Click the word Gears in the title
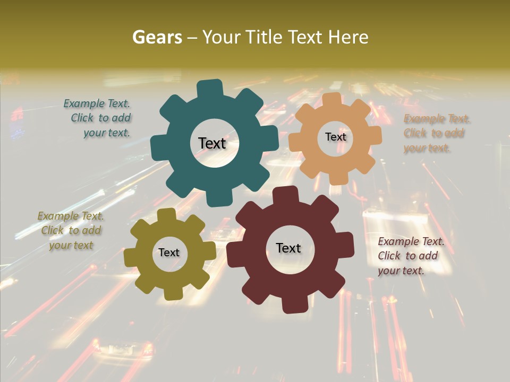157,37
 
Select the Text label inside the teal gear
212,143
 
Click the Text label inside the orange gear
335,137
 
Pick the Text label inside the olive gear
169,253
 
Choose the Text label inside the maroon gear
288,248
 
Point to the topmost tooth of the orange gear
331,100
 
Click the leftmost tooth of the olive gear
131,258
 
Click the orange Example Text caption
436,133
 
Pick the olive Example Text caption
71,230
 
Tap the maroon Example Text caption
410,256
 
